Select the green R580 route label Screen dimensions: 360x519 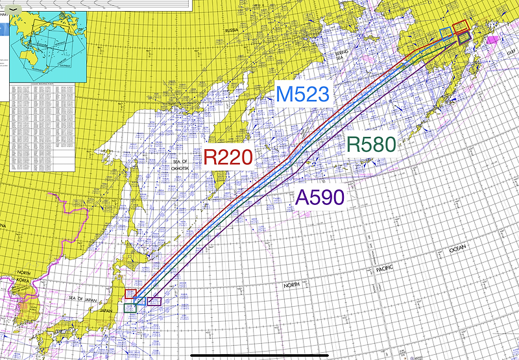point(371,145)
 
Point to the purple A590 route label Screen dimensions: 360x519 point(319,198)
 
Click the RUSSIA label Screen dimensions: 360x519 point(231,30)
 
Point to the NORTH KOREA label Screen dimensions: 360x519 point(23,276)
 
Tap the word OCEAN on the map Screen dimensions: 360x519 point(457,249)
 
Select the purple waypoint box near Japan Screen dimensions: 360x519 point(154,302)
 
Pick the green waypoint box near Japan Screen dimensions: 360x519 point(130,308)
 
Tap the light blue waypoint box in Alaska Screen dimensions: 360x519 point(445,33)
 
